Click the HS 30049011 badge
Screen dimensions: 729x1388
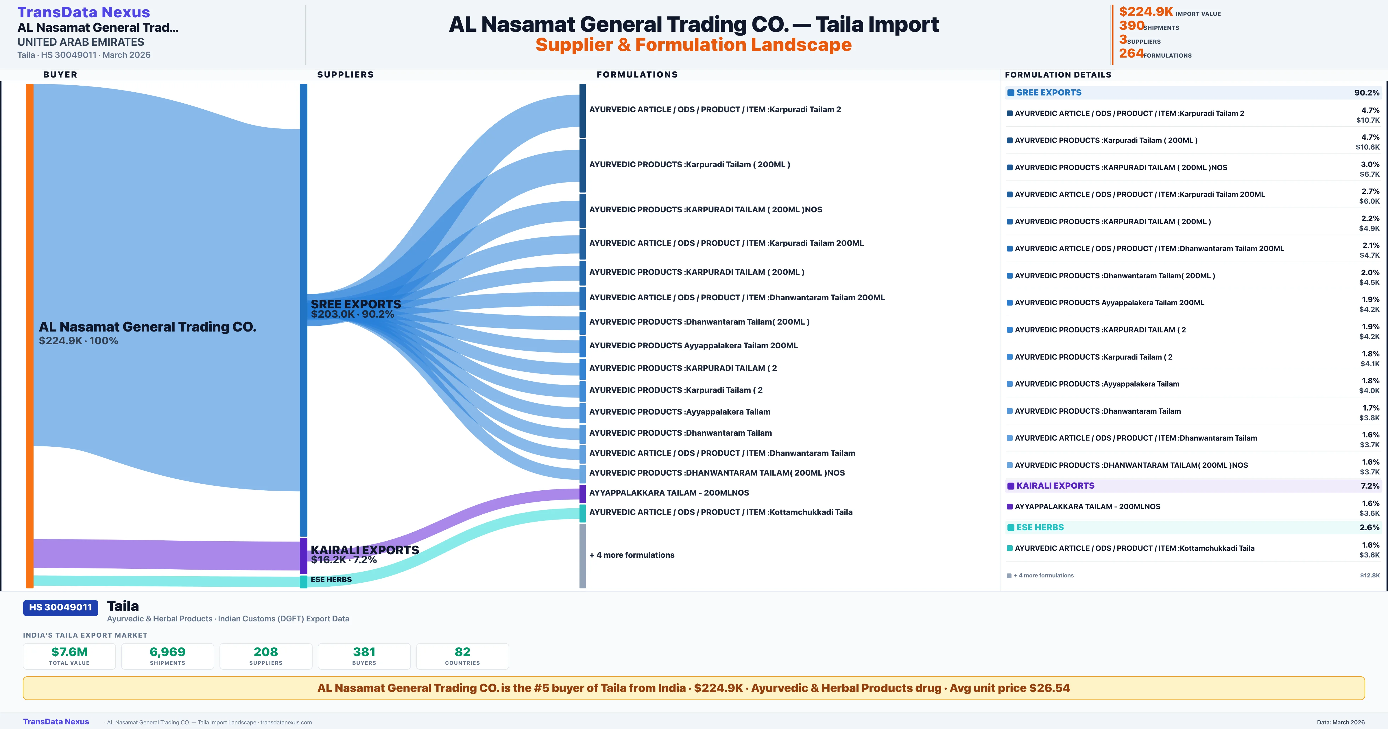coord(60,607)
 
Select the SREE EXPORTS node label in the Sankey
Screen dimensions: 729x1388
coord(356,304)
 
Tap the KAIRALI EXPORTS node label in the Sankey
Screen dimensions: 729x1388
coord(365,550)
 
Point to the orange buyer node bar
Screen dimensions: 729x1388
coord(29,334)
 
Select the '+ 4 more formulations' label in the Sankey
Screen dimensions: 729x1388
coord(632,555)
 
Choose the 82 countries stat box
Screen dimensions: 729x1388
coord(462,656)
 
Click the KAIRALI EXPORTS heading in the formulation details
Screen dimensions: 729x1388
coord(1055,486)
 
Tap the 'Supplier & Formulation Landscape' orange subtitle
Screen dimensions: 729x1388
coord(693,45)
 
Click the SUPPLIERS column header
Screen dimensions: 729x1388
coord(345,74)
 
